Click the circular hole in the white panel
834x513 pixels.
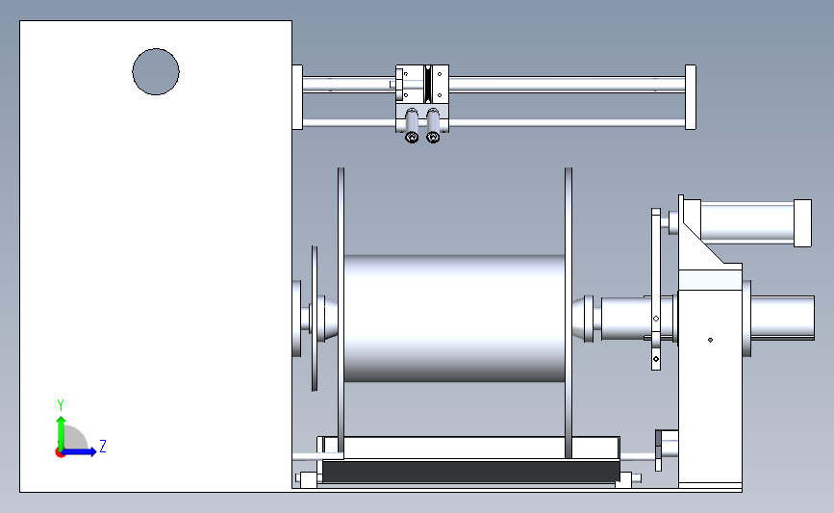[x=156, y=72]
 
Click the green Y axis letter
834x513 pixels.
[x=61, y=405]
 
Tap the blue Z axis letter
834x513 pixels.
[x=103, y=446]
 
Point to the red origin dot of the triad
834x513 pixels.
[x=60, y=452]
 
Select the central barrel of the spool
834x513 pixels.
[x=454, y=319]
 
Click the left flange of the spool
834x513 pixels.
[x=341, y=313]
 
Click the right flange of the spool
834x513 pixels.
[x=569, y=313]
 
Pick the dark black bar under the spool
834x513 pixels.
[x=470, y=472]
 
